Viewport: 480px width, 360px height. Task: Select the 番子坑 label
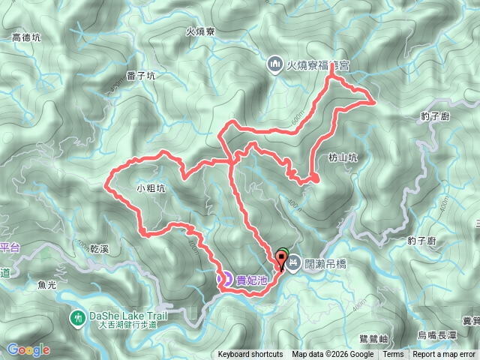coord(141,76)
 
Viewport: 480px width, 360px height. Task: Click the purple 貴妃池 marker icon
coord(224,279)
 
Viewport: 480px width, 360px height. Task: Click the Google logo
coord(28,349)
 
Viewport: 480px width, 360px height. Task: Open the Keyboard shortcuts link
coord(250,355)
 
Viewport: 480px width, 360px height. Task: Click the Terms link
coord(393,355)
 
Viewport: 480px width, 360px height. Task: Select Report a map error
coord(444,355)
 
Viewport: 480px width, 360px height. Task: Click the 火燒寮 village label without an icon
coord(201,31)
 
